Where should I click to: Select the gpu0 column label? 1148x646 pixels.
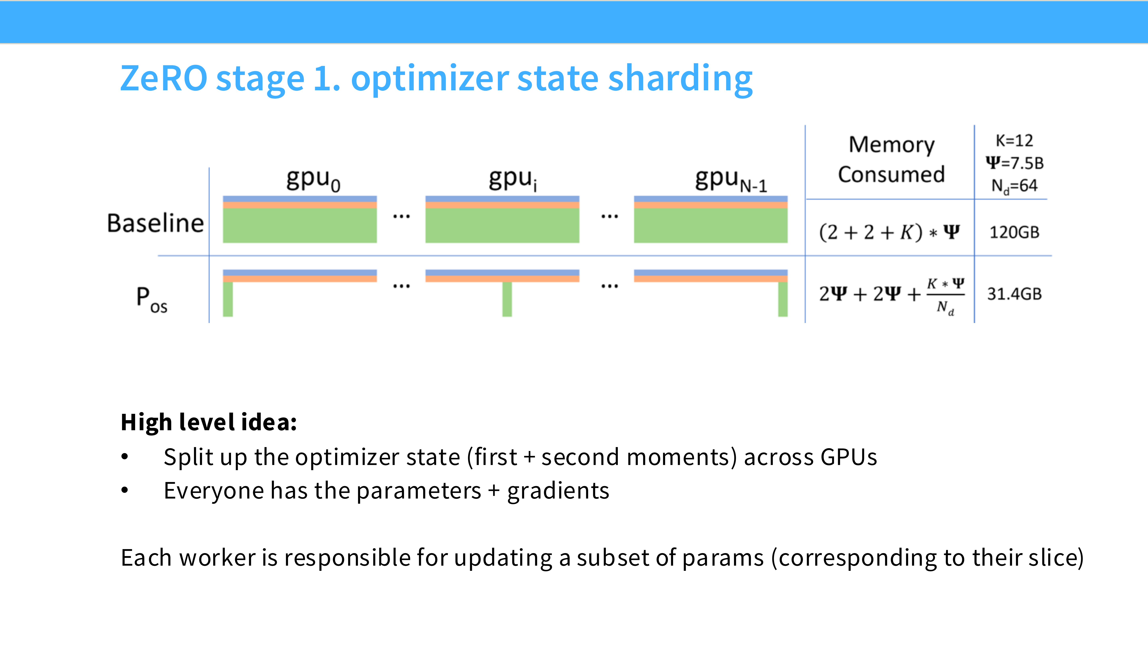(x=313, y=180)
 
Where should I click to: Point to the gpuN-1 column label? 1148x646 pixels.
(x=731, y=180)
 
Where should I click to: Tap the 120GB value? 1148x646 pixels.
(x=1014, y=232)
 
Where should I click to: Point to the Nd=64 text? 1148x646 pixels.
(x=1014, y=186)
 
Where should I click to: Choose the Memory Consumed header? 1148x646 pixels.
(x=891, y=159)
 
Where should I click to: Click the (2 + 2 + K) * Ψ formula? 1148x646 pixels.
(x=889, y=232)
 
